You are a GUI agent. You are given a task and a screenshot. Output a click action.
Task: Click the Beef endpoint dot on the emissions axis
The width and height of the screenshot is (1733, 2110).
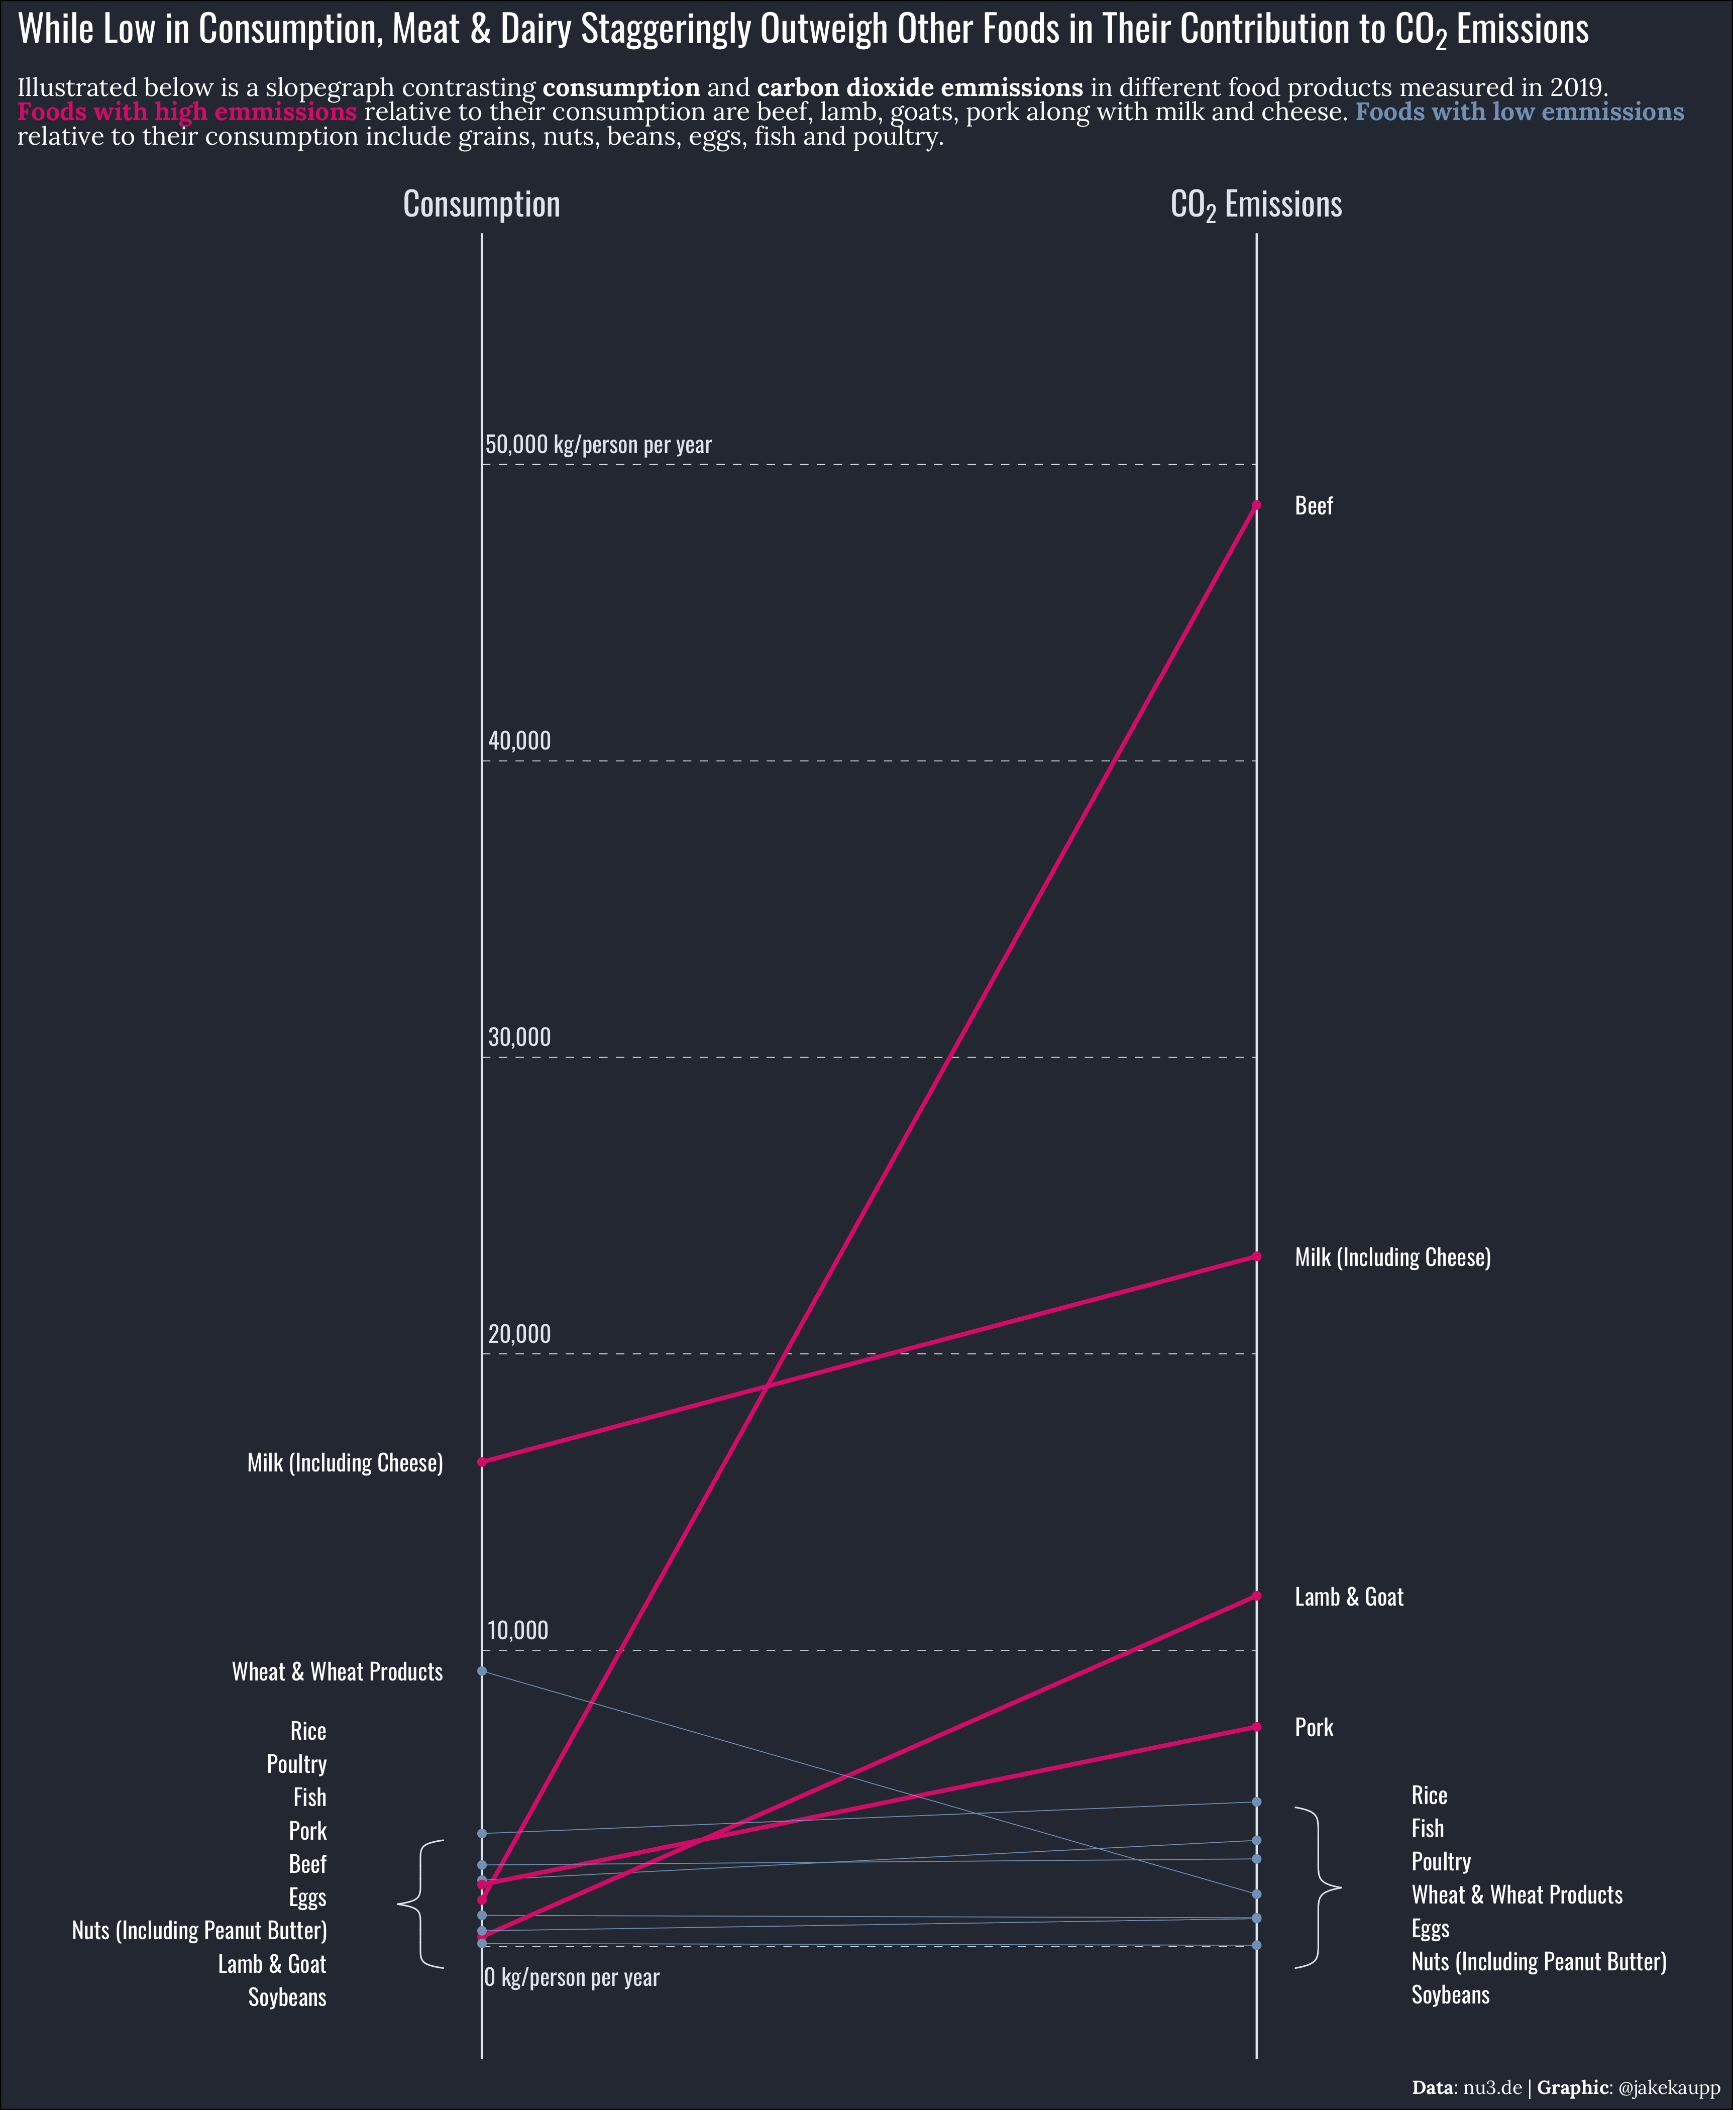(1256, 505)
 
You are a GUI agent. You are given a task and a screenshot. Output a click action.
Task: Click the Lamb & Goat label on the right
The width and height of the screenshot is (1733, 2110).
(1349, 1597)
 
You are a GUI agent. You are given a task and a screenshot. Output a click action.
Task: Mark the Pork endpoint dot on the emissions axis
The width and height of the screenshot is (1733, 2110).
(1256, 1727)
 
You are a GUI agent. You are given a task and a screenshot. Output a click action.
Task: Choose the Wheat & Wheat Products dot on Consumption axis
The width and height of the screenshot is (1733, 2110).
(482, 1671)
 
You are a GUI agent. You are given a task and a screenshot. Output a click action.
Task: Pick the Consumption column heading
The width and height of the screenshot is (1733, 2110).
(481, 204)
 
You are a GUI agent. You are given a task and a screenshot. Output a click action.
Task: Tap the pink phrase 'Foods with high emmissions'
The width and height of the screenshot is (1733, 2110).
(187, 112)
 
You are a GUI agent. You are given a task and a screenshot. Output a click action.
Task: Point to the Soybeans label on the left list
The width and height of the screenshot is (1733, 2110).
(287, 1997)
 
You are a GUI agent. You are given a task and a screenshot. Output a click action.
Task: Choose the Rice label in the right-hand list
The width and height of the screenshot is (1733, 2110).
(1429, 1796)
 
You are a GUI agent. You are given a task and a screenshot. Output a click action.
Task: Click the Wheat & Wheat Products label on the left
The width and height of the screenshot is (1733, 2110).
(338, 1672)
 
